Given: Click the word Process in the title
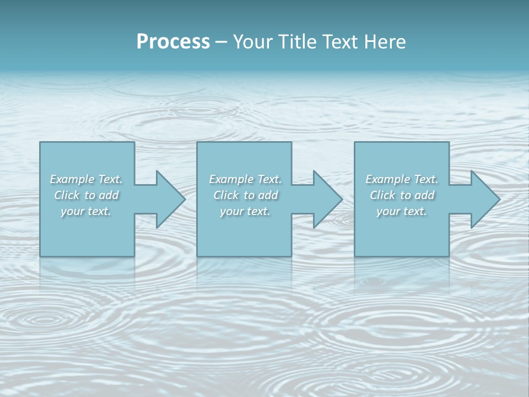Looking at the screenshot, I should (x=173, y=42).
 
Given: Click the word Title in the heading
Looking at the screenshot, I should (x=296, y=42).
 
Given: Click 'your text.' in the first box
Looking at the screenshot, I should (x=86, y=211).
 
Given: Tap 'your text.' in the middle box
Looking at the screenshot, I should (x=245, y=211).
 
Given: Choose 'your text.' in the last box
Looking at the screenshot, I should (x=401, y=211).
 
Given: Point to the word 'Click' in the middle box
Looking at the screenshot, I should (x=225, y=195).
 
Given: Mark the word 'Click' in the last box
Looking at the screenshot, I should (x=382, y=195).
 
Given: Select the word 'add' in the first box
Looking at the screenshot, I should (x=109, y=195).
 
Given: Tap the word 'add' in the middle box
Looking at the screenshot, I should (x=268, y=195).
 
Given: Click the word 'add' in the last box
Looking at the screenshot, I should (x=424, y=195).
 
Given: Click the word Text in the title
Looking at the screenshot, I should (x=338, y=42).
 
